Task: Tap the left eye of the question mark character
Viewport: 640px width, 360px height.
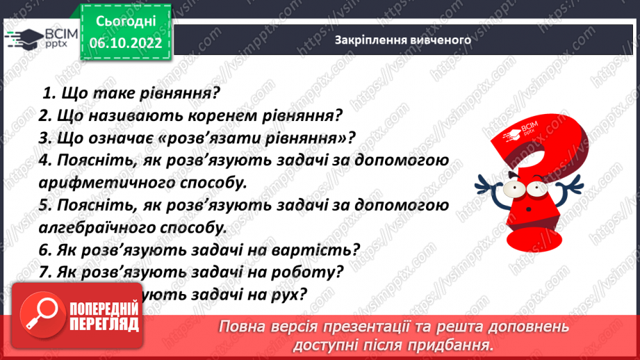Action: tap(515, 188)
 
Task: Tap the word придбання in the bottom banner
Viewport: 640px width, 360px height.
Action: tap(450, 345)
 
